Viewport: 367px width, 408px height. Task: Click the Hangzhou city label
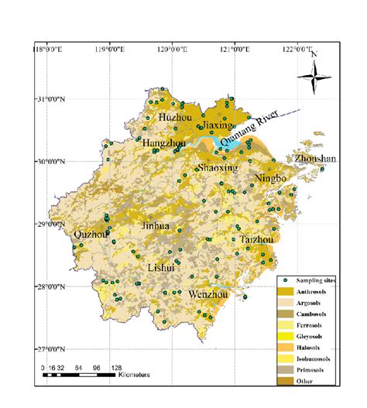point(163,143)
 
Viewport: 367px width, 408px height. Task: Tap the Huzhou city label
point(174,117)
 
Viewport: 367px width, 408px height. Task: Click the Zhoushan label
point(316,159)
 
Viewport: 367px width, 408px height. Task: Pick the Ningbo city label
point(271,179)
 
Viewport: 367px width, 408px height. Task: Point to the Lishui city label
point(163,267)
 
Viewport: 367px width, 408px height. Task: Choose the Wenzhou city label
point(209,295)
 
